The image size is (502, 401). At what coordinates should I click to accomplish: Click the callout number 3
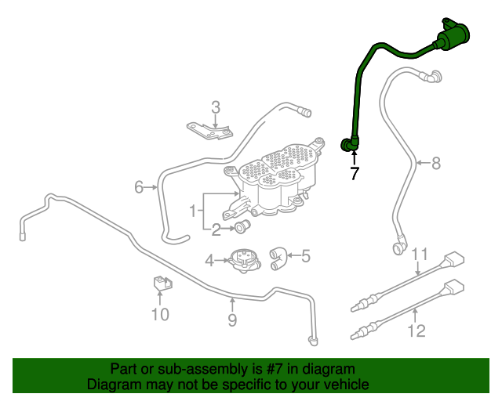(216, 107)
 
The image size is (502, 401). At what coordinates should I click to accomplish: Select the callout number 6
(139, 187)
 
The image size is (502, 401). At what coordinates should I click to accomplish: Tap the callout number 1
(192, 210)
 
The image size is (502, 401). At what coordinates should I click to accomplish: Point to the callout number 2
(216, 229)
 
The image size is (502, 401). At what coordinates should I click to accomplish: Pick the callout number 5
(305, 255)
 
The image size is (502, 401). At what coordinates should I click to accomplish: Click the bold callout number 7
(355, 174)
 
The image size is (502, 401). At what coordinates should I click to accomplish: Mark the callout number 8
(436, 163)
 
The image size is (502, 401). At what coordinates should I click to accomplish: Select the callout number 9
(232, 319)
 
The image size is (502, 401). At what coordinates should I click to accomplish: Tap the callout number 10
(160, 314)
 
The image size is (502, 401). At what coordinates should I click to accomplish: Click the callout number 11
(420, 254)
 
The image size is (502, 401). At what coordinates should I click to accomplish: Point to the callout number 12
(417, 331)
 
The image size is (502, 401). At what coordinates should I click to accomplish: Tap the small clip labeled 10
(159, 284)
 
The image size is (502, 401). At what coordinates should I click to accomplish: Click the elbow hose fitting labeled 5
(278, 258)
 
